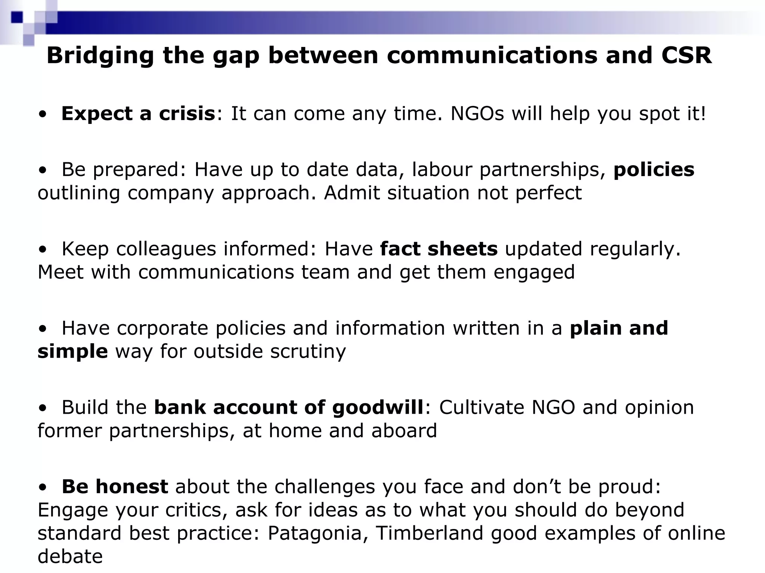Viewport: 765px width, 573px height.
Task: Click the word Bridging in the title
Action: [x=100, y=56]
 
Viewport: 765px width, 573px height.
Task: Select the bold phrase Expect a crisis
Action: [x=138, y=113]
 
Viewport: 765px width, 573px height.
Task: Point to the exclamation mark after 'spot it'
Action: [x=703, y=113]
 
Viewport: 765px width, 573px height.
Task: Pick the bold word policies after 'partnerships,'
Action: [x=654, y=169]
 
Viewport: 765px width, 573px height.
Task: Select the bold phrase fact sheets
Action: [x=439, y=249]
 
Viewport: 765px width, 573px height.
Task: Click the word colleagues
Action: [x=166, y=249]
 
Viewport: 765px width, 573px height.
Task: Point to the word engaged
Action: [x=534, y=272]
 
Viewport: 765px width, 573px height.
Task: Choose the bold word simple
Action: [x=73, y=351]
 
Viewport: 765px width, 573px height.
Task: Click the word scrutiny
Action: [x=308, y=351]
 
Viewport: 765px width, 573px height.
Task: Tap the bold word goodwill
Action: [x=377, y=407]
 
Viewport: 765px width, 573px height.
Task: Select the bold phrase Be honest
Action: [x=115, y=486]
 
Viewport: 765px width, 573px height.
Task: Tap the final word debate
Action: [x=70, y=557]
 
